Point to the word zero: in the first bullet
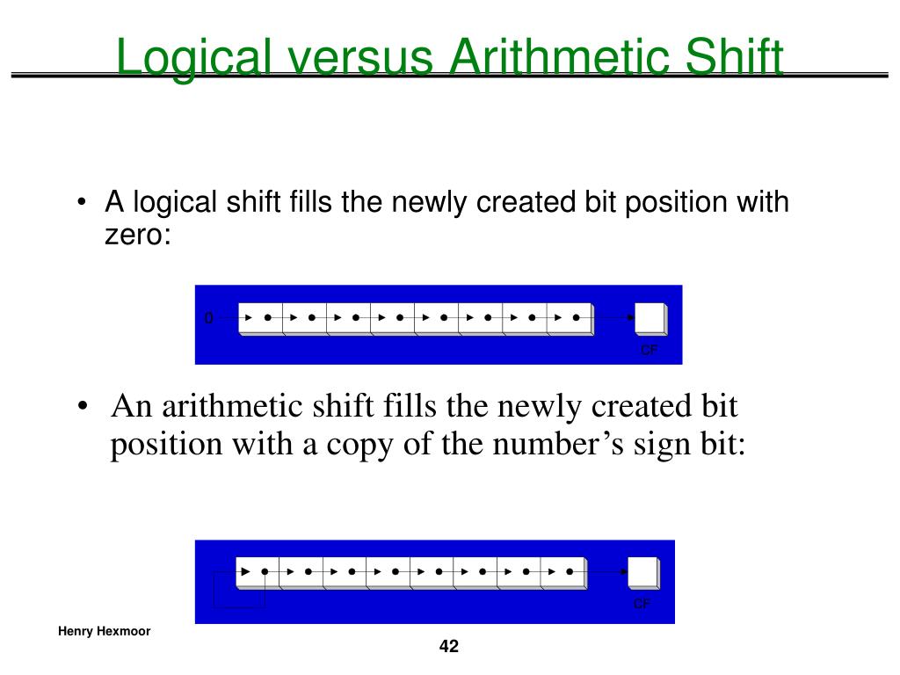coord(137,235)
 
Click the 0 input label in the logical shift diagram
coord(208,318)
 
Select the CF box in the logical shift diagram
coord(650,318)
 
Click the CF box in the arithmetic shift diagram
coord(642,573)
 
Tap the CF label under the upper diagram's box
coord(649,350)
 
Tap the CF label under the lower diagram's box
coord(642,604)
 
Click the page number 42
coord(449,648)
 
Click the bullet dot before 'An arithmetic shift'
coord(82,408)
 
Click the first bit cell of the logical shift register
coord(261,317)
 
